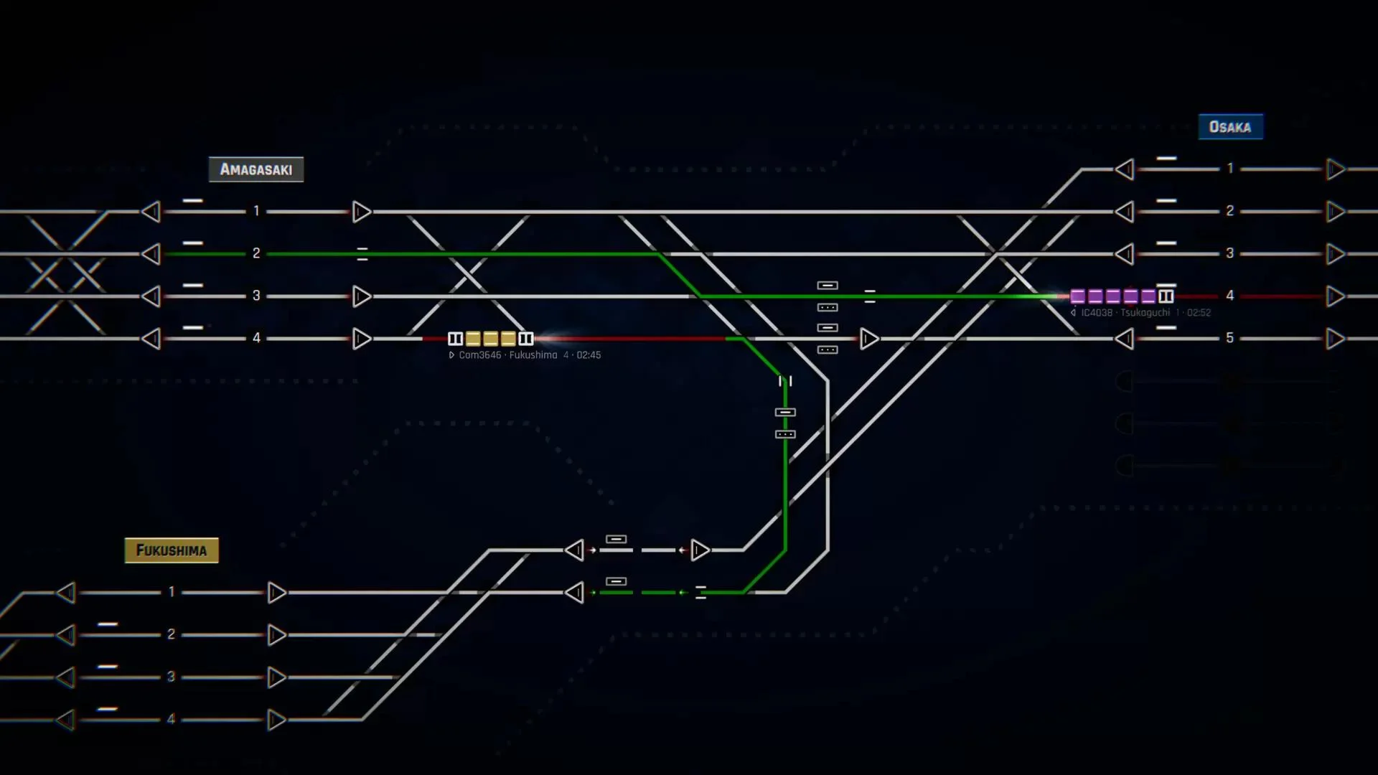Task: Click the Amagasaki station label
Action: [256, 169]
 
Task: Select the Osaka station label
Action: [1230, 127]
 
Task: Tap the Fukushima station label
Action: [172, 550]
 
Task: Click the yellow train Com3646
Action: [491, 339]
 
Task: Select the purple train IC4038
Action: [1121, 296]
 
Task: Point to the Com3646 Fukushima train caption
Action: [525, 355]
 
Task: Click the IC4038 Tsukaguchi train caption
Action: [1141, 313]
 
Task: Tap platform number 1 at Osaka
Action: [1230, 169]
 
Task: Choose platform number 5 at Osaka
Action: [1230, 338]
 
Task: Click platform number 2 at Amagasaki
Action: [256, 253]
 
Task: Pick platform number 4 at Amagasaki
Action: [256, 338]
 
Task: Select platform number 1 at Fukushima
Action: [172, 592]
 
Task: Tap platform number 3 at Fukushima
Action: [172, 677]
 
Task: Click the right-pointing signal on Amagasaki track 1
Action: [362, 212]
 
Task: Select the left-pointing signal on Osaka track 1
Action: [1125, 169]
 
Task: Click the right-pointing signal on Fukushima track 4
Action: [277, 720]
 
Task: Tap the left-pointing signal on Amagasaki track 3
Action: [151, 296]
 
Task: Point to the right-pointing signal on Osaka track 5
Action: [1336, 339]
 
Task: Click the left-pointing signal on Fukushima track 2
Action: [66, 635]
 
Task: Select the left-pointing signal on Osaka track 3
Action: [1125, 254]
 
